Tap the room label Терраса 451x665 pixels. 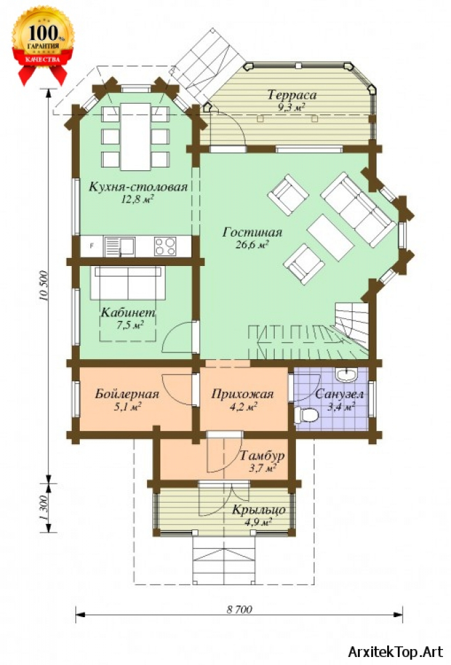tap(292, 94)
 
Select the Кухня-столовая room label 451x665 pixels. tap(138, 187)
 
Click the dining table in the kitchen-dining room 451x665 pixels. tap(136, 136)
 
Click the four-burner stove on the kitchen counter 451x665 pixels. tap(165, 246)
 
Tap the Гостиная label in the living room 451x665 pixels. tap(253, 232)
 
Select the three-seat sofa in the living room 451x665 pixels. tap(359, 209)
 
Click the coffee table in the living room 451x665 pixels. tap(331, 237)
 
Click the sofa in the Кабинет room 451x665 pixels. tap(128, 283)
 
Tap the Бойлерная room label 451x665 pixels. tap(127, 394)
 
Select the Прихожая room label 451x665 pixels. tap(243, 394)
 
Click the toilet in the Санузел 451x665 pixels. tap(306, 415)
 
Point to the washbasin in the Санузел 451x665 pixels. tap(347, 374)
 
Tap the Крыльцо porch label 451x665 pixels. tap(258, 509)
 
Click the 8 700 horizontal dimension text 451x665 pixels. tap(239, 610)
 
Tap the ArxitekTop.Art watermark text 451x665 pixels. tap(395, 651)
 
